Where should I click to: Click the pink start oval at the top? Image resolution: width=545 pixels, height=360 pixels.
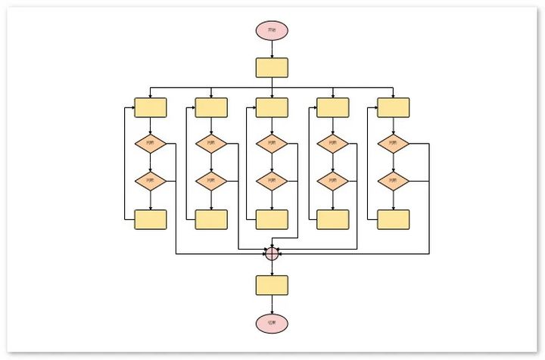pos(272,30)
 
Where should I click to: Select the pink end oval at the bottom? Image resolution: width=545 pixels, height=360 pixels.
pos(272,324)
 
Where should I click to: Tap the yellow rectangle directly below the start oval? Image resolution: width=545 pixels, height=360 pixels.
pos(272,67)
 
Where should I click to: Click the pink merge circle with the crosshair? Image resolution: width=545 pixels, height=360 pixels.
pos(272,254)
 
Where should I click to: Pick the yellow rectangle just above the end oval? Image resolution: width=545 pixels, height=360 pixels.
pos(272,285)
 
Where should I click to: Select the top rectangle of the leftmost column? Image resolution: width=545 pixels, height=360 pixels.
pos(150,107)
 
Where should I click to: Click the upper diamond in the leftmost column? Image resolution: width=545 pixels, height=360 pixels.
pos(150,143)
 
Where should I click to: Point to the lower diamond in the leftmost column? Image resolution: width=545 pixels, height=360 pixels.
pos(150,181)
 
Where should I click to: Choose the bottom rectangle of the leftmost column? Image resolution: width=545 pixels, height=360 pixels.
pos(150,219)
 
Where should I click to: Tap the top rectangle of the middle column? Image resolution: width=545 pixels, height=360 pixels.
pos(272,107)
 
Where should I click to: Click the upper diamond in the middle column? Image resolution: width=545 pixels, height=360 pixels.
pos(272,143)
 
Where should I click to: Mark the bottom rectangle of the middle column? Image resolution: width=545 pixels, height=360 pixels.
pos(272,219)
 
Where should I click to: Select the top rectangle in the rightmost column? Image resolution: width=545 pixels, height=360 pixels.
pos(394,107)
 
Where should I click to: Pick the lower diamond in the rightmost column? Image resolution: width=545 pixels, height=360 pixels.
pos(394,181)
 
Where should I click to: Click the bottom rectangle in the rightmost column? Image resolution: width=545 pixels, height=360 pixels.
pos(394,219)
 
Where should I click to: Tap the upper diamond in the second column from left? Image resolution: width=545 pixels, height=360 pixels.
pos(211,143)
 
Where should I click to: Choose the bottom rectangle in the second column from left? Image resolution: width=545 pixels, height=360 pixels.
pos(211,219)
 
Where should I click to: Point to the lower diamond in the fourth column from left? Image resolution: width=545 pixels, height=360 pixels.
pos(333,181)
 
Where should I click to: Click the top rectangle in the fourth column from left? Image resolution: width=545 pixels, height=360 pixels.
pos(333,107)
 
